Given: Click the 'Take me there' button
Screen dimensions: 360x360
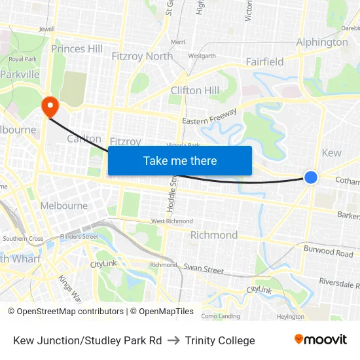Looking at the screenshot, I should [179, 160].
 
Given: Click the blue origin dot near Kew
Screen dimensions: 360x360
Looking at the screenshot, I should [311, 177].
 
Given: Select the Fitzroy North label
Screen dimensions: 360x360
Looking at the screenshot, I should [142, 56].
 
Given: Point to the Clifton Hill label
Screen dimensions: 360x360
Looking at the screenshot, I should [194, 90].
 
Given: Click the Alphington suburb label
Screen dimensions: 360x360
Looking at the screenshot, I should [322, 43].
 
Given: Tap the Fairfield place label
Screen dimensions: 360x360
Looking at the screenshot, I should [264, 62].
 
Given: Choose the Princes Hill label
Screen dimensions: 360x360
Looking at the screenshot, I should [77, 48].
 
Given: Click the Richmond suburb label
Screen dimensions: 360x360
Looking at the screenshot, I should [214, 235].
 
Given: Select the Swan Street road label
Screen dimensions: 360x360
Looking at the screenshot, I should [204, 269].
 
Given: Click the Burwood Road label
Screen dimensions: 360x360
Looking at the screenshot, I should [328, 251].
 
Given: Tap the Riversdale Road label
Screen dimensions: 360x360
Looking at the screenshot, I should [339, 283].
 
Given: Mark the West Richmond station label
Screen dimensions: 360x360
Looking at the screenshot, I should [171, 221].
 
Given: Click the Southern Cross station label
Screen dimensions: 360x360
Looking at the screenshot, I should [22, 239].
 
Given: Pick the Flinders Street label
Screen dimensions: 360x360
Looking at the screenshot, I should [79, 236].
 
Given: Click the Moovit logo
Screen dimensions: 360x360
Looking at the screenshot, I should [320, 339].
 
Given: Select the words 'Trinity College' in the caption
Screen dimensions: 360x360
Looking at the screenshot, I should [220, 340].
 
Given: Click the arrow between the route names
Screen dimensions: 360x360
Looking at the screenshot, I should [173, 340].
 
